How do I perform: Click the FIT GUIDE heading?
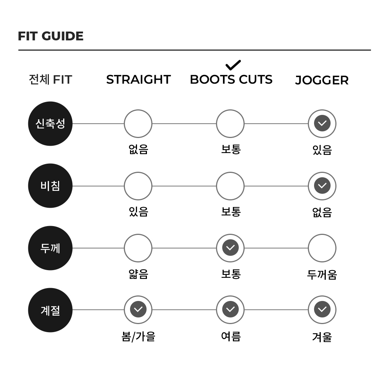51,36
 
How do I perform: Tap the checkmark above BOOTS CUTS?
233,65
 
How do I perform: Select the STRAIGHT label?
138,80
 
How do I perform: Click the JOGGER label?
322,80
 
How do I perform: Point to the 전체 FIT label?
50,80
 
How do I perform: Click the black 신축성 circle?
50,124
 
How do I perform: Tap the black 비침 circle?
50,186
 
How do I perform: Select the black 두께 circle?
50,248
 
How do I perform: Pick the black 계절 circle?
50,310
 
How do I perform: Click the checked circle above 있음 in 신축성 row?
322,124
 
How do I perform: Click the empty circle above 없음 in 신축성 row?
138,124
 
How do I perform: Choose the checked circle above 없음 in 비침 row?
322,186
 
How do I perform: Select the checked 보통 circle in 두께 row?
230,248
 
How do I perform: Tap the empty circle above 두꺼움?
322,248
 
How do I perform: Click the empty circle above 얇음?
138,248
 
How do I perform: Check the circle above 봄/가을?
138,310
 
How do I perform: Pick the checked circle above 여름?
230,310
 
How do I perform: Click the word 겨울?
322,337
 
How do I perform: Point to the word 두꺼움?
322,275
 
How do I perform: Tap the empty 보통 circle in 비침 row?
230,186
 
